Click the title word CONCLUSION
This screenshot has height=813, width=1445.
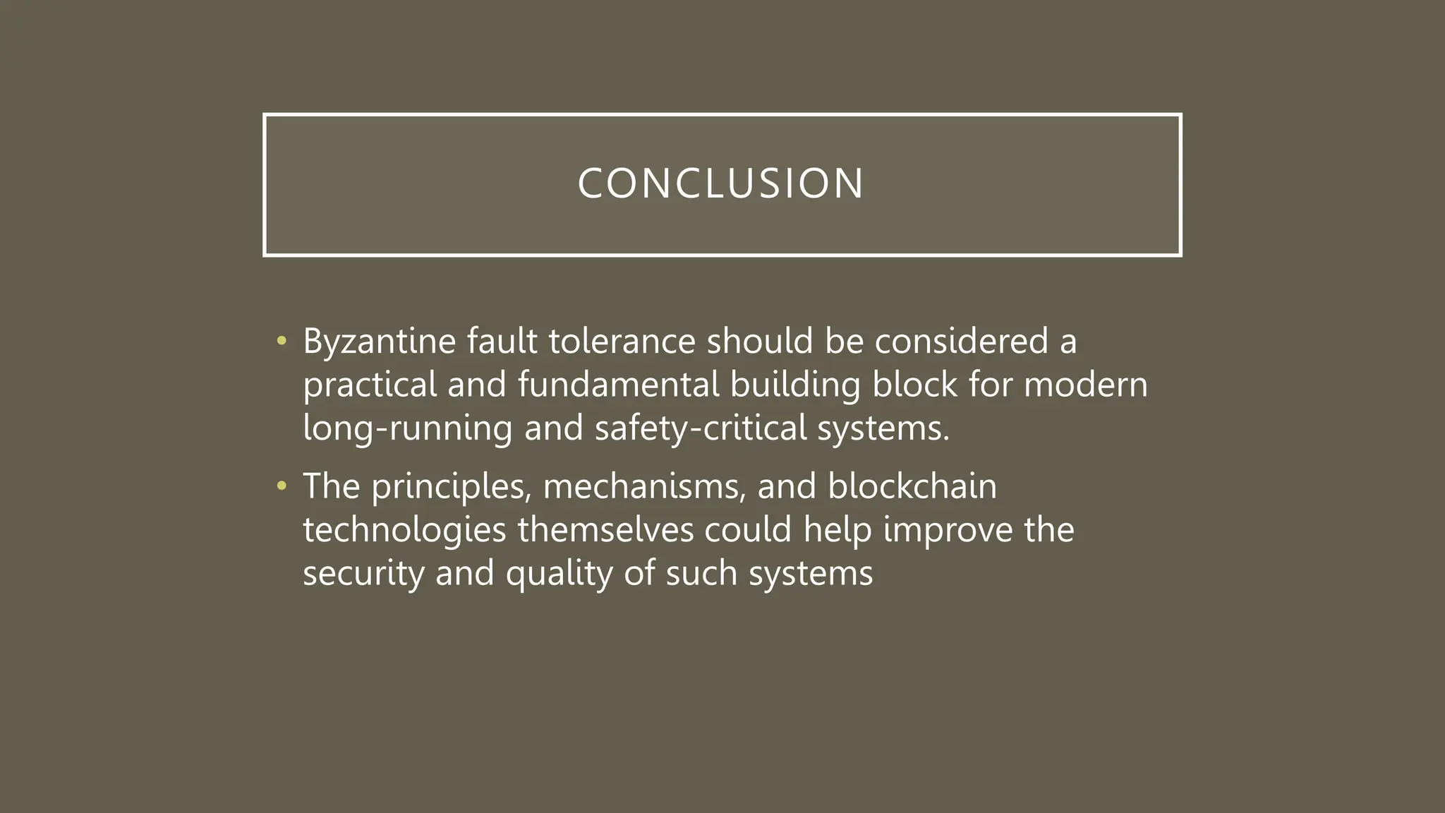click(721, 183)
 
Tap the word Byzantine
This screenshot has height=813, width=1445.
click(379, 342)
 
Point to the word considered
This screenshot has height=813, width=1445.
click(961, 342)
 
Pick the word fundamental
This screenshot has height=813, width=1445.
click(618, 385)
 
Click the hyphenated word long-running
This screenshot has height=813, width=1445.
click(407, 428)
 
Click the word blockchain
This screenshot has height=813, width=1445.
click(912, 486)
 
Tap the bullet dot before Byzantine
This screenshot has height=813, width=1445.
click(282, 342)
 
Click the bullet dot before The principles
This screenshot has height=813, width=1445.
click(282, 486)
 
